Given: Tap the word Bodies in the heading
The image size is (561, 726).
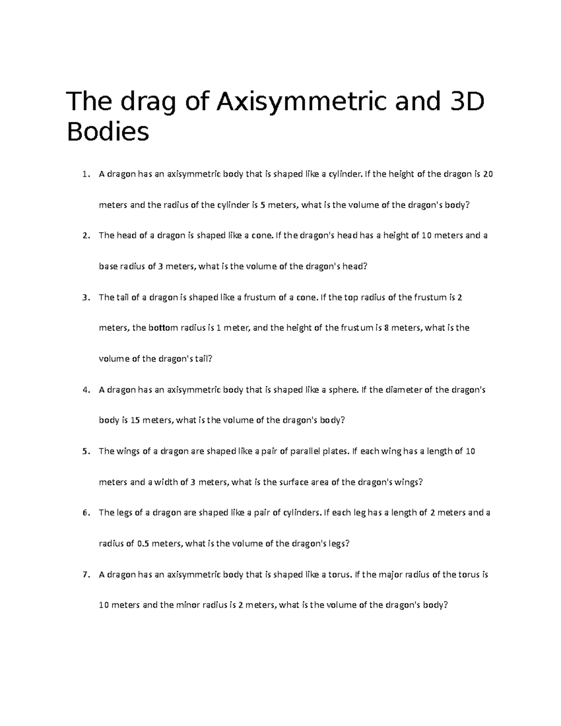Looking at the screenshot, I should point(108,133).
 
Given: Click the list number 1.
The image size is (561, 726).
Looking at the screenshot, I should point(85,175).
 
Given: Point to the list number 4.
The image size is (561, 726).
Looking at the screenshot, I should point(85,390).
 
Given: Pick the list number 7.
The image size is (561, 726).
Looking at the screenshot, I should point(85,575).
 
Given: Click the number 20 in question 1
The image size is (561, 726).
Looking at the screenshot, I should point(488,175).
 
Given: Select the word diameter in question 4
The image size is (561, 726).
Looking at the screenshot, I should point(404,390).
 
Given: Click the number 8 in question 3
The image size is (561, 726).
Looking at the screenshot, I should point(386,328).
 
